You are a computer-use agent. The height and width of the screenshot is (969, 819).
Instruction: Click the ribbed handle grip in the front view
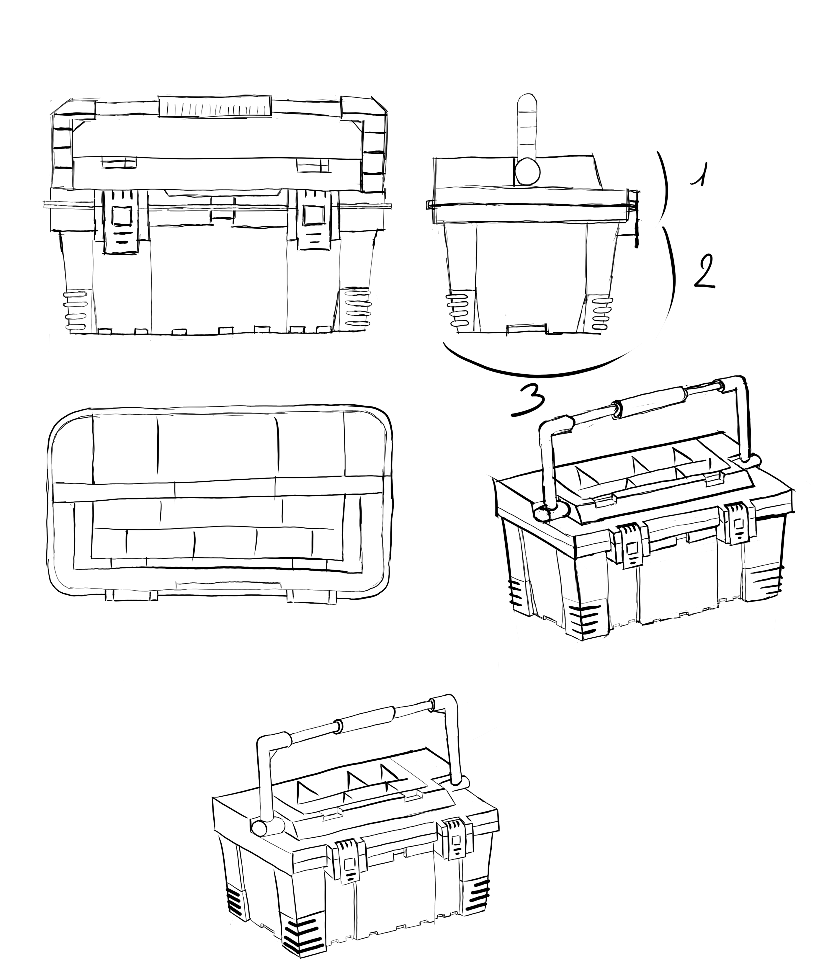point(215,107)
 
